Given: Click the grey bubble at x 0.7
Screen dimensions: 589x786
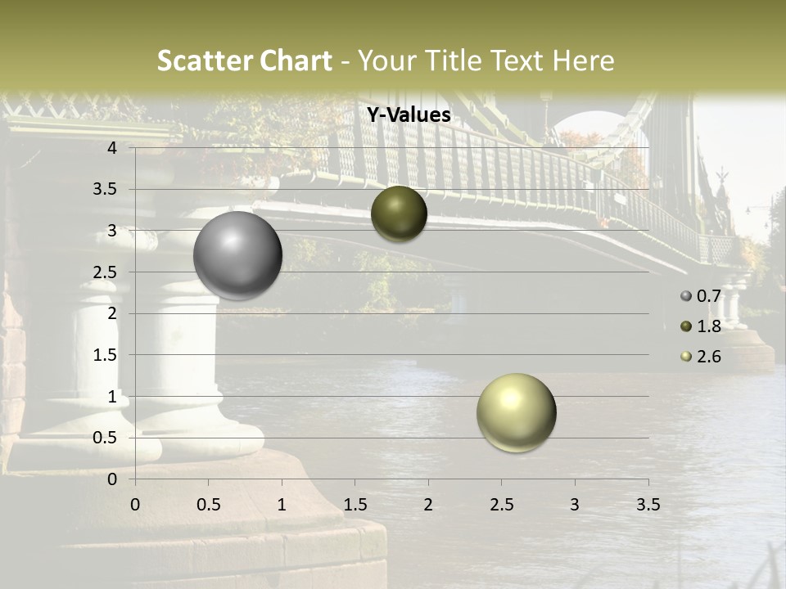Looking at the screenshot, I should tap(237, 255).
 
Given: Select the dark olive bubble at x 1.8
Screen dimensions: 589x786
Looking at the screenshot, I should tap(399, 214).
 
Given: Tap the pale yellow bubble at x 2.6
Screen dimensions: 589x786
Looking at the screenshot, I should tap(516, 412).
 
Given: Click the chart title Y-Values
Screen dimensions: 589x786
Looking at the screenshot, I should tap(409, 115).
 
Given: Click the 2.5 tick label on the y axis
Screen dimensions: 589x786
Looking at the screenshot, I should tap(105, 272).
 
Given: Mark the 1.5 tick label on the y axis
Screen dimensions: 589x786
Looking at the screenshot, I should tap(105, 355).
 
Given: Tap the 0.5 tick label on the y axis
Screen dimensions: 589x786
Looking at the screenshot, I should tap(105, 438).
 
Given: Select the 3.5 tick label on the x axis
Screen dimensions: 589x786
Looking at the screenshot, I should tap(648, 505).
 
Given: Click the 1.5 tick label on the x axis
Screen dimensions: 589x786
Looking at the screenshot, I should tap(355, 505).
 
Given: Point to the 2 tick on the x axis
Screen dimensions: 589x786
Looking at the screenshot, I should tap(428, 505).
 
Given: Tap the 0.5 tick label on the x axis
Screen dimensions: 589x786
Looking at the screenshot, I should tap(208, 505).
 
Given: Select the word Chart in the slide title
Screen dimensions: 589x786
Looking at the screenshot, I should tap(296, 61).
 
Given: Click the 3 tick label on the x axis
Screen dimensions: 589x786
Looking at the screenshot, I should tap(575, 505).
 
